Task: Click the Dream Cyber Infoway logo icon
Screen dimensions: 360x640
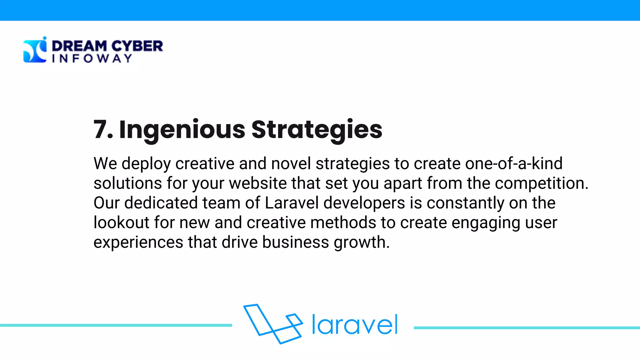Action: click(x=35, y=50)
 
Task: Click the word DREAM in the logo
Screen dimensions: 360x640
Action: click(x=79, y=46)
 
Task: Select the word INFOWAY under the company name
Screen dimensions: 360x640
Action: click(x=92, y=58)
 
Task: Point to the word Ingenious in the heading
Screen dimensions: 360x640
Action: click(x=182, y=130)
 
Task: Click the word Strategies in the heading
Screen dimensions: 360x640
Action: click(x=317, y=130)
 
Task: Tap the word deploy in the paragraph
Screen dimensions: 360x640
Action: click(x=146, y=164)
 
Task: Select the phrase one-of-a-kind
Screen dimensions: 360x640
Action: click(x=514, y=163)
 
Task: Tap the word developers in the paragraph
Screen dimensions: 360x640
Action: click(x=364, y=203)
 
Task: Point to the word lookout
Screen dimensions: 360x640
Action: click(x=122, y=222)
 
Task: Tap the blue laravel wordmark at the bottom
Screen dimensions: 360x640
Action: click(x=355, y=325)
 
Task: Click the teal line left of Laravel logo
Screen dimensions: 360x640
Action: click(x=116, y=325)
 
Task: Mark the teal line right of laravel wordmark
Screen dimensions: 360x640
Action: click(x=527, y=328)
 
